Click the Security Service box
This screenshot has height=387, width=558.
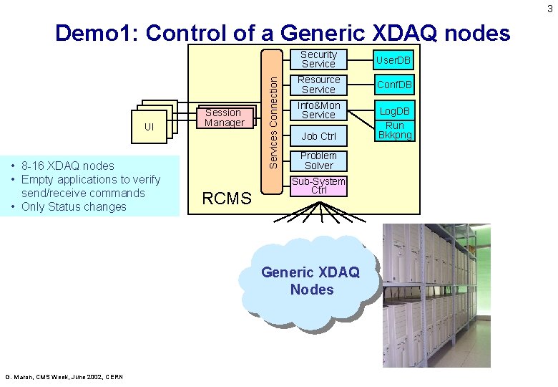point(318,59)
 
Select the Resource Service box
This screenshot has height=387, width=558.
point(318,85)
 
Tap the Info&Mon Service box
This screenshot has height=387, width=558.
point(318,110)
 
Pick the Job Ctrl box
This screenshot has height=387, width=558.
point(318,136)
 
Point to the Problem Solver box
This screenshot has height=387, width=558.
point(318,161)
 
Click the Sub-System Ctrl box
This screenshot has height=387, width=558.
point(318,186)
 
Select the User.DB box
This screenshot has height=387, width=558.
point(395,59)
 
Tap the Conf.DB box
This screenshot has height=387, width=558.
point(395,85)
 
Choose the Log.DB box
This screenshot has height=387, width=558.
point(395,110)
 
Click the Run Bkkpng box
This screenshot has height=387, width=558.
point(395,130)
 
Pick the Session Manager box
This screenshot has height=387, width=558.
point(223,118)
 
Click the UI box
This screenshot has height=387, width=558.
point(149,127)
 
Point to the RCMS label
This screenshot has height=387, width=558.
point(227,199)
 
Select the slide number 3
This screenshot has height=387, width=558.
point(549,9)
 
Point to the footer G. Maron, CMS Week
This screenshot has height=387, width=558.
point(64,377)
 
